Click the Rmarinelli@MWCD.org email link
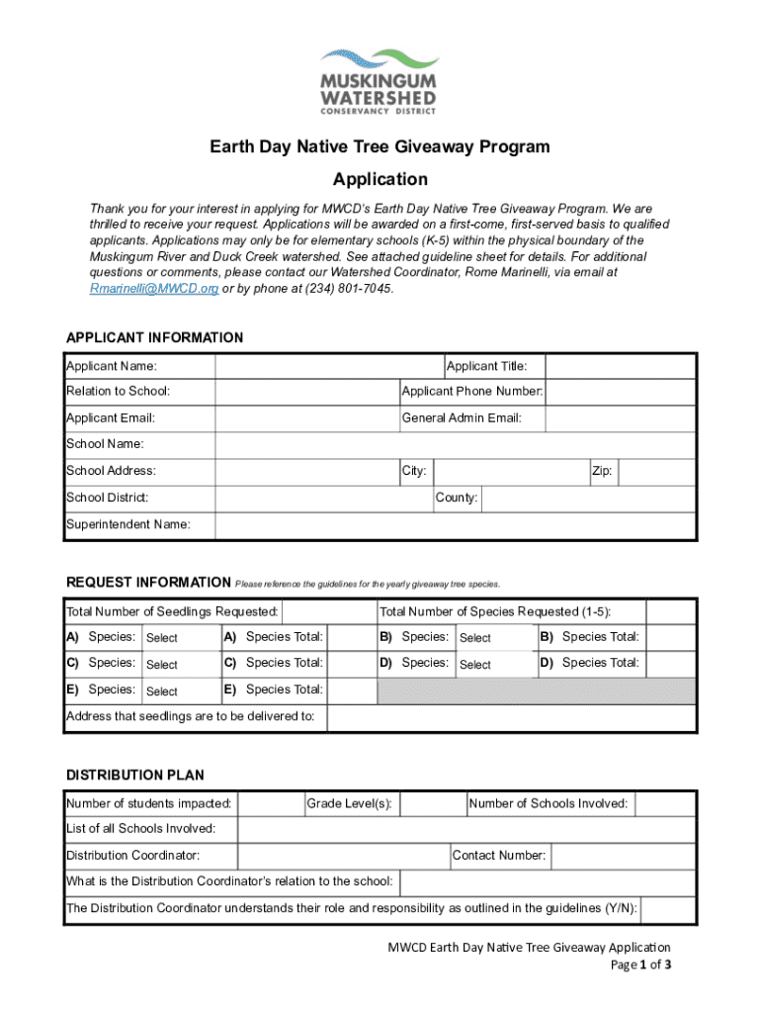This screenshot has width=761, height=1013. click(154, 288)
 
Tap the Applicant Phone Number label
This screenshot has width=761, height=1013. click(472, 392)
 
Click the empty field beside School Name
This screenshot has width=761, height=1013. click(456, 445)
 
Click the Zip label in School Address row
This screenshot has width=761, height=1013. click(602, 472)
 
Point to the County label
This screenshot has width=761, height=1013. click(457, 498)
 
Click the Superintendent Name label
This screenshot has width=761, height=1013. click(128, 524)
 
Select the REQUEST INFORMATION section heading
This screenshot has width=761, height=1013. click(148, 582)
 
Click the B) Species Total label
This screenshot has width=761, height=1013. click(590, 637)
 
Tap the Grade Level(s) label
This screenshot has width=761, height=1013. click(350, 803)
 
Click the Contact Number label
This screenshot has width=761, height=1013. click(498, 856)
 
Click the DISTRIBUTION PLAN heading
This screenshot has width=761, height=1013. click(134, 775)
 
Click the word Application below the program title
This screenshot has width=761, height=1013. click(380, 179)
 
